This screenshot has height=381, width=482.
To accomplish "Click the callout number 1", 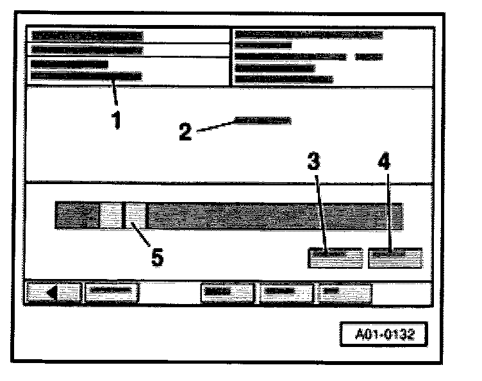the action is [116, 120].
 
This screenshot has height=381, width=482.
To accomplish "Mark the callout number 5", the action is [157, 257].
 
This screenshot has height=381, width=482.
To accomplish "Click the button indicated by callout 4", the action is [395, 257].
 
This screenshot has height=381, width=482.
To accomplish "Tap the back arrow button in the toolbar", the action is [53, 292].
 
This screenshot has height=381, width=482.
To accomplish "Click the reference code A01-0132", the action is [383, 334].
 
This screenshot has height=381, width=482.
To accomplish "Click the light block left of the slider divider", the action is [110, 216].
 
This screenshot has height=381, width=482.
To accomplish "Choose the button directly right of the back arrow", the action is [112, 292].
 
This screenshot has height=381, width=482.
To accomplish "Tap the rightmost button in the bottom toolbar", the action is [345, 292].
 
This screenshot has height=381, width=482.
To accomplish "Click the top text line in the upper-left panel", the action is [87, 35].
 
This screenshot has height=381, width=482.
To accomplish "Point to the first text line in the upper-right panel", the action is [308, 34].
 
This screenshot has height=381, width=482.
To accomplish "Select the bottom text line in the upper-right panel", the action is [284, 79].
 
